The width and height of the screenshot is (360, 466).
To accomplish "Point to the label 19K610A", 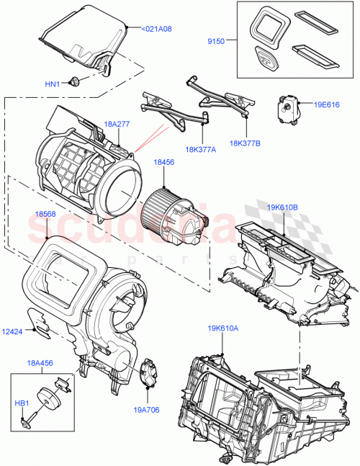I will (x=223, y=328).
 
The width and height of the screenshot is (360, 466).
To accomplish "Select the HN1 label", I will (x=53, y=84).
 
